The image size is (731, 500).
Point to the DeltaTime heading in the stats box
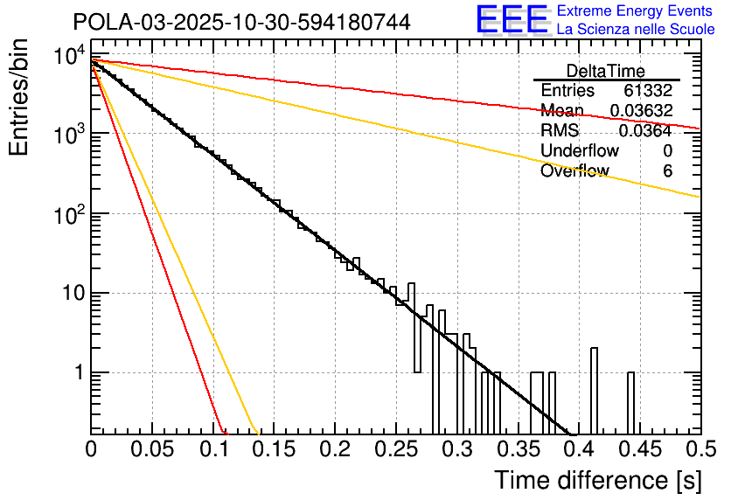[606, 71]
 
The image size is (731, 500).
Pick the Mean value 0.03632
[641, 111]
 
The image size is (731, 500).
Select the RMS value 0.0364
[645, 131]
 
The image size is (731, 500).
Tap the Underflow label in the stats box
[580, 151]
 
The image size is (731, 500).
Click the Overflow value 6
[667, 171]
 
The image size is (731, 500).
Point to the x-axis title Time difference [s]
[597, 480]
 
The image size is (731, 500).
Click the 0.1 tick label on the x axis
[212, 450]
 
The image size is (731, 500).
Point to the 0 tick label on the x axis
[91, 450]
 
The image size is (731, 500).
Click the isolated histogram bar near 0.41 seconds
[595, 390]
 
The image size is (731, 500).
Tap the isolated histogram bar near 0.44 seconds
[631, 402]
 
